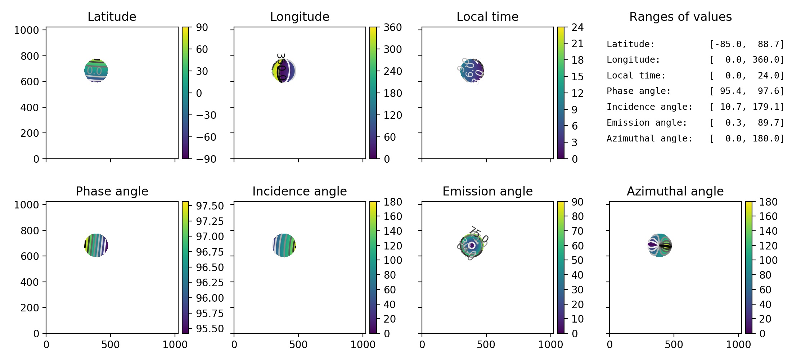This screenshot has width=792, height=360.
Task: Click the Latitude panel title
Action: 112,17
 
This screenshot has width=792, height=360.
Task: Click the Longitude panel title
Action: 300,17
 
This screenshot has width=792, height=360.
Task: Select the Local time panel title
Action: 487,17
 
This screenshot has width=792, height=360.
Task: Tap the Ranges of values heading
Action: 680,17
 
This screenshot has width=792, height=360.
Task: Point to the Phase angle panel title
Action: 112,191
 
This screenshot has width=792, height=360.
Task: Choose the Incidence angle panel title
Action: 300,191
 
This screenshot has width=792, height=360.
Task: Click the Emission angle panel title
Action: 487,191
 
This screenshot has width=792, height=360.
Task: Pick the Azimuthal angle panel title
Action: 675,191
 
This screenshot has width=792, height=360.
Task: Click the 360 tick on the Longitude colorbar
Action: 392,27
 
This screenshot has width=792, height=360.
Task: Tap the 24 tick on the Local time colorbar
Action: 577,27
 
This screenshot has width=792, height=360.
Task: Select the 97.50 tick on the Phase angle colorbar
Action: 210,206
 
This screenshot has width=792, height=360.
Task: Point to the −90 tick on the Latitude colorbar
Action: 206,159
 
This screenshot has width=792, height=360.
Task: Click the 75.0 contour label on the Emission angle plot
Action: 479,235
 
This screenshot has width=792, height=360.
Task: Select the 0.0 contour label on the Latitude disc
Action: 94,71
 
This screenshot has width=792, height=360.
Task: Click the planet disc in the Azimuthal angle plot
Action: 660,246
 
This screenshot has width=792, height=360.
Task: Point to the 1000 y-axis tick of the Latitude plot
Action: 26,30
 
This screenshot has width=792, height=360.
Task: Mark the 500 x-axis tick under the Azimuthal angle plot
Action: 674,345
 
